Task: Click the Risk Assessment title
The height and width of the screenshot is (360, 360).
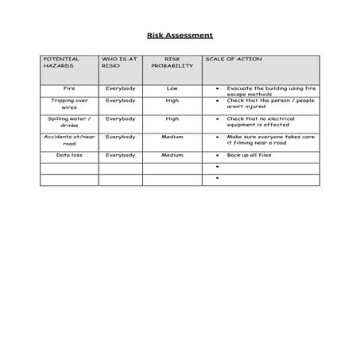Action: coord(180,36)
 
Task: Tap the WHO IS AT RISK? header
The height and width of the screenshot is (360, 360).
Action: coord(118,63)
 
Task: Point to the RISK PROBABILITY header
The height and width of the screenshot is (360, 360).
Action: coord(172,63)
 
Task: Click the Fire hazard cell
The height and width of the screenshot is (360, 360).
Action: coord(69,87)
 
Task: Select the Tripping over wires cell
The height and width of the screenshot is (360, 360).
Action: coord(69,104)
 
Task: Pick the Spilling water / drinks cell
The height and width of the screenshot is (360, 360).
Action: coord(69,122)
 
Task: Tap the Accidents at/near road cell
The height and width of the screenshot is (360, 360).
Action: coord(69,141)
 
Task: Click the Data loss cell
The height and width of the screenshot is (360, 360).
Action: coord(69,155)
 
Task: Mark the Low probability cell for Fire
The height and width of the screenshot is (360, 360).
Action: coord(172,87)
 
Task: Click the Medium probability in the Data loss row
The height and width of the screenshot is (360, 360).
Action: coord(172,155)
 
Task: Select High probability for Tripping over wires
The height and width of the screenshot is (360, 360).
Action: coord(172,101)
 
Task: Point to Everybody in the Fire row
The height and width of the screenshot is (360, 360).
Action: coord(120,87)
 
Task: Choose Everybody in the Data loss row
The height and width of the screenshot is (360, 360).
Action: coord(120,155)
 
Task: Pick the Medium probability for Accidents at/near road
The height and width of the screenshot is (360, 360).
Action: coord(172,137)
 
